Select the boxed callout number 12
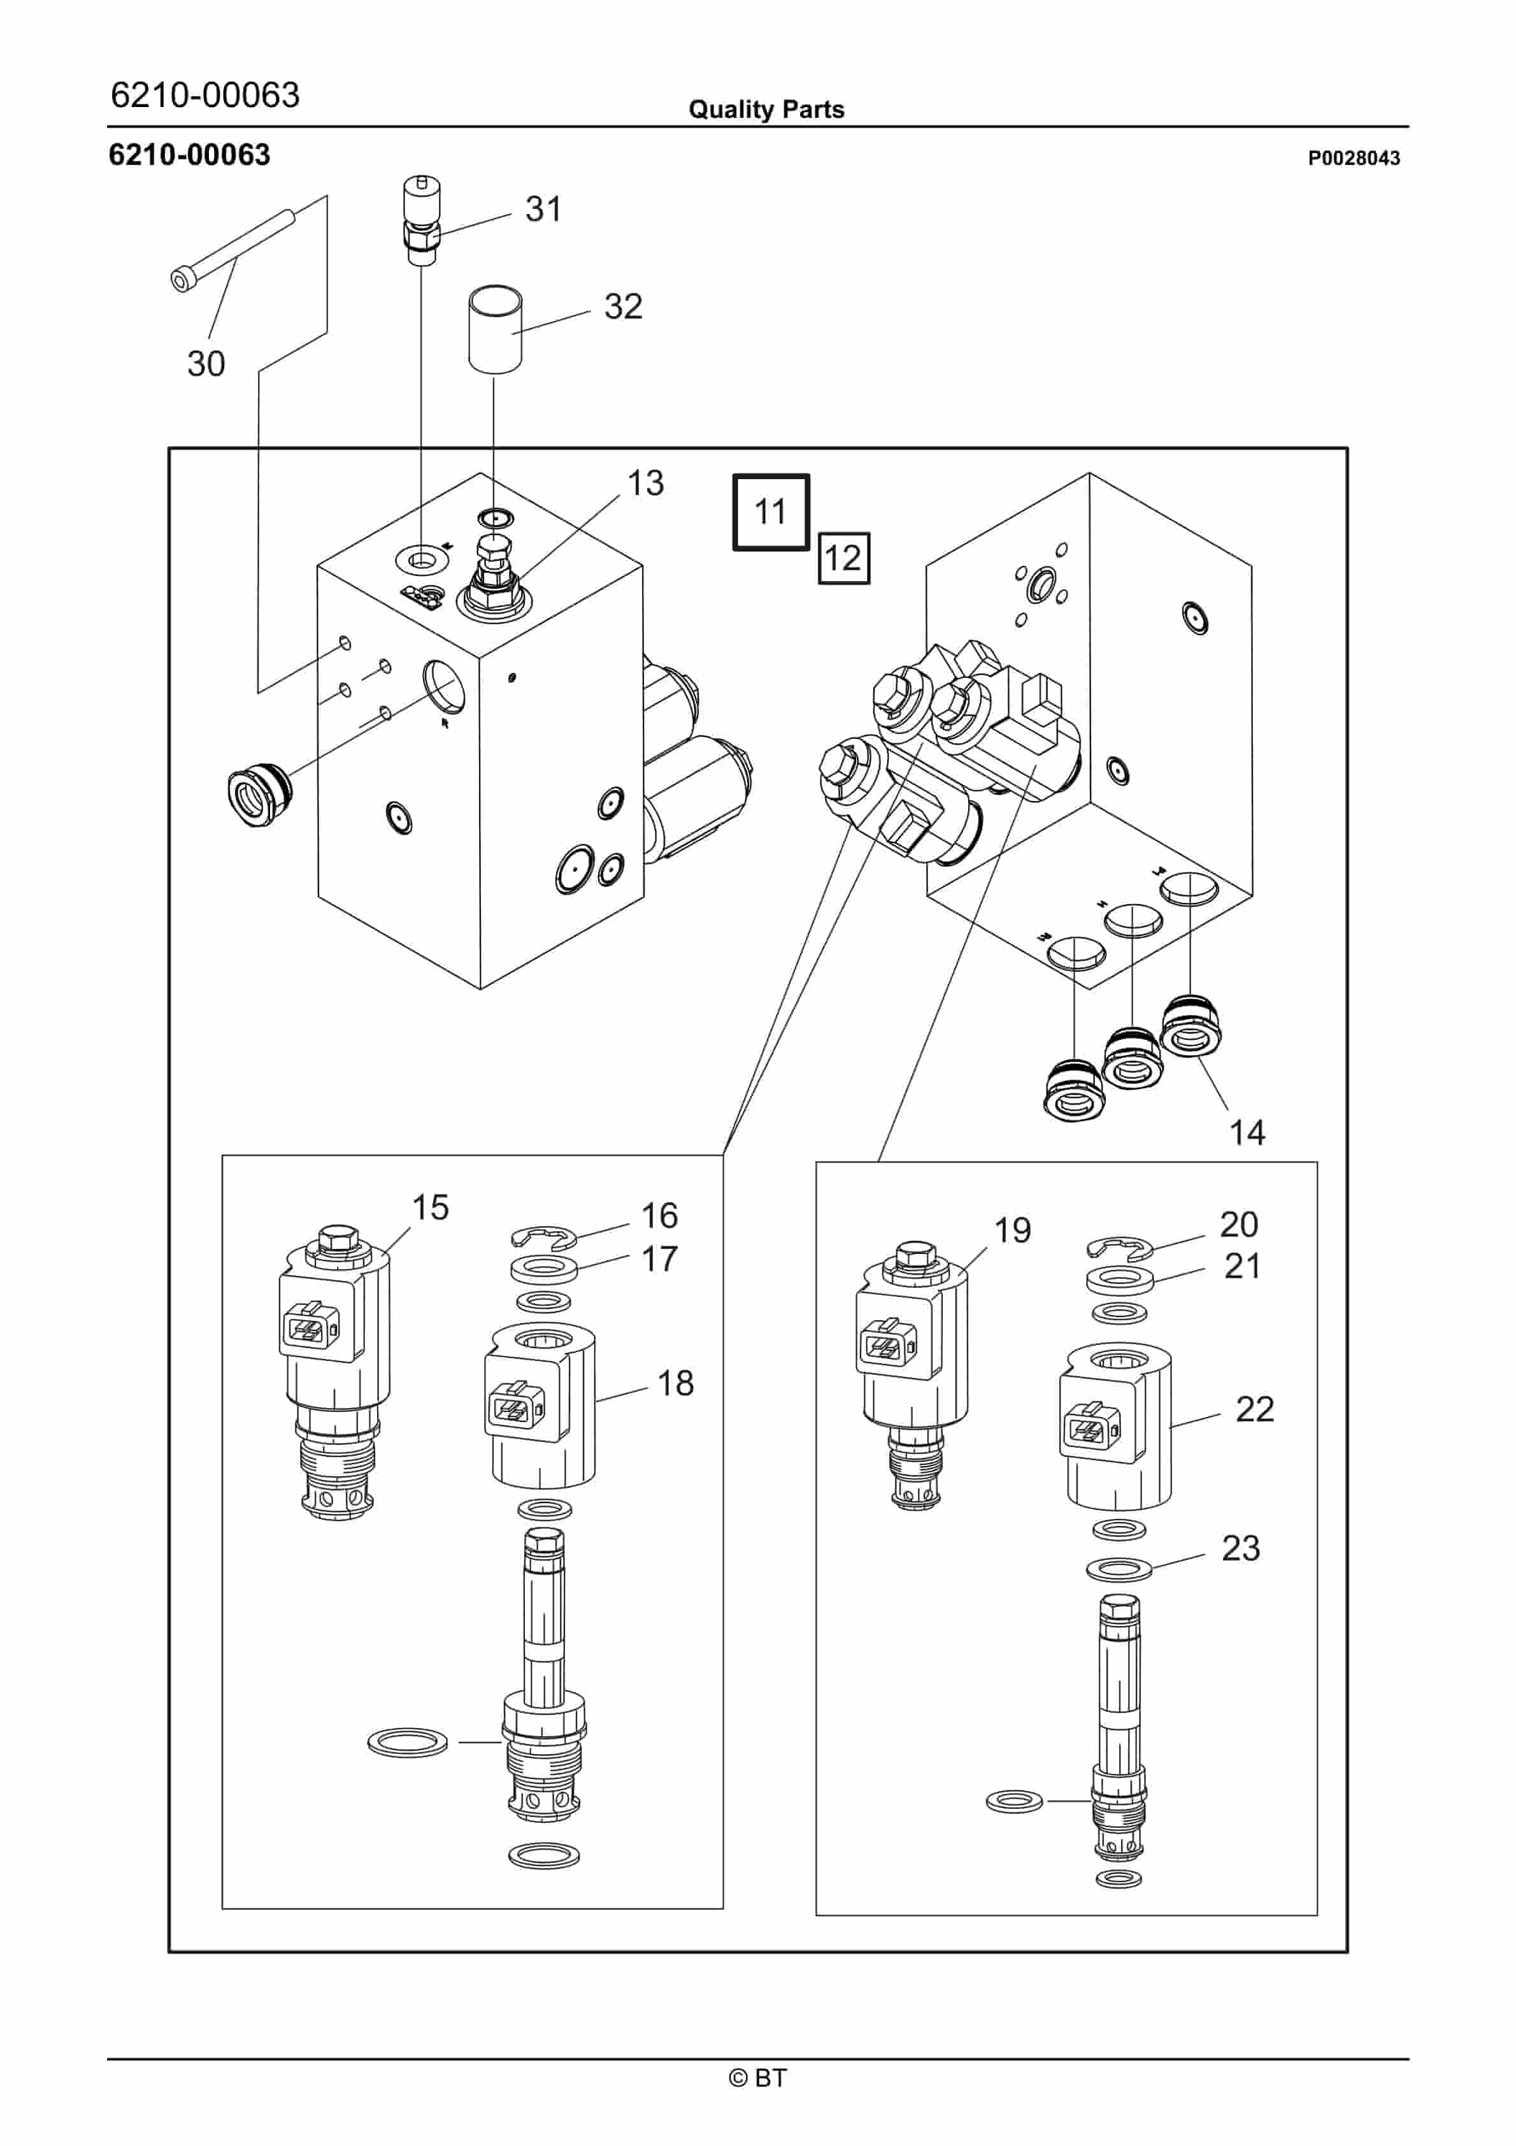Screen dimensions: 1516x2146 point(843,558)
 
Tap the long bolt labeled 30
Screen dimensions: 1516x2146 point(234,250)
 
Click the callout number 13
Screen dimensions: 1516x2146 point(645,483)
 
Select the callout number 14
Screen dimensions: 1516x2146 point(1247,1133)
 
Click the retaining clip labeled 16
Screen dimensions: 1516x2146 point(543,1239)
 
